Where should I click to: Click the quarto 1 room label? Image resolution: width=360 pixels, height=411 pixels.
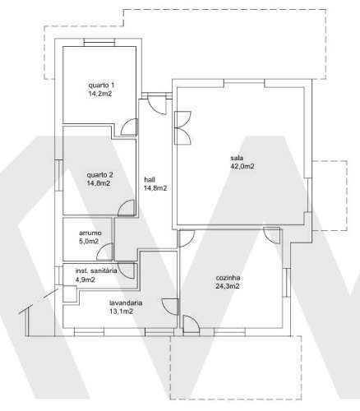102,85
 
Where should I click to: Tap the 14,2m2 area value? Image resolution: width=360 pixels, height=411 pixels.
102,95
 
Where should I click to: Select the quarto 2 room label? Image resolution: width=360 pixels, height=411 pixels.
99,174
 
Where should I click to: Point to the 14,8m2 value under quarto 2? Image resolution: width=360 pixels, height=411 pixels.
99,183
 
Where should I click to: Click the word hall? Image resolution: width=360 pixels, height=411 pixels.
150,179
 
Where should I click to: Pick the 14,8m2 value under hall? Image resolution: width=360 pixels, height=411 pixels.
155,188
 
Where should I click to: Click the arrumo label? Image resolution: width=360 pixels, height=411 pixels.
89,233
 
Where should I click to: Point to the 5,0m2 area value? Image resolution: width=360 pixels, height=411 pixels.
89,242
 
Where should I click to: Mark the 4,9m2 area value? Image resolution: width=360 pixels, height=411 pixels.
85,279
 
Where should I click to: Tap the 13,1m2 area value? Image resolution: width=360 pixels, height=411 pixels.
121,312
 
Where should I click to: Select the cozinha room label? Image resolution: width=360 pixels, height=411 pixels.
227,278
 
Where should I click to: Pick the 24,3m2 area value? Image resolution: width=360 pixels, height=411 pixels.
227,287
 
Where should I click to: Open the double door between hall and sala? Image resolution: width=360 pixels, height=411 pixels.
181,121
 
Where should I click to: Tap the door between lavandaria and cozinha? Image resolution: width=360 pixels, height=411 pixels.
170,305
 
